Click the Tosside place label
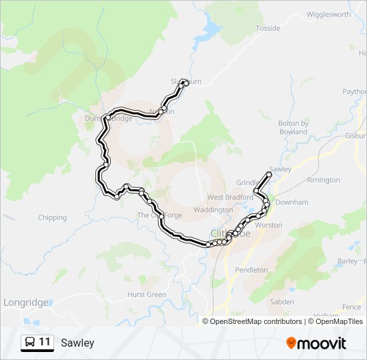pos(268,29)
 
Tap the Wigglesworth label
pos(328,15)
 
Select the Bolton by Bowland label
pos(293,127)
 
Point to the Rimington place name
pos(323,180)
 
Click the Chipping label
pos(52,217)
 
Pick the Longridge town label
pos(26,303)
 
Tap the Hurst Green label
pos(146,295)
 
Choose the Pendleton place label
pos(251,270)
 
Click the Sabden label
pos(282,302)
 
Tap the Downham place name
pos(292,202)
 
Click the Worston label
pos(269,225)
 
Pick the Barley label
pos(348,261)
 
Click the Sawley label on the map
pos(281,169)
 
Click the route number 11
pos(45,342)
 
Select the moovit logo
pos(316,343)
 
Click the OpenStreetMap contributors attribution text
pos(256,321)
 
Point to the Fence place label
pos(351,307)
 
